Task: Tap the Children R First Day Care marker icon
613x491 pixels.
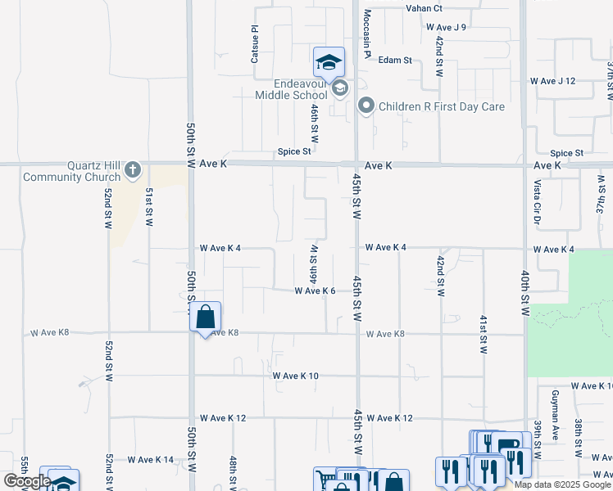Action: click(366, 106)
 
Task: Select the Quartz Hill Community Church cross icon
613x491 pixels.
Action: click(134, 171)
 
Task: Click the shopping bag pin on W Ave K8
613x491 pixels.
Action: click(205, 317)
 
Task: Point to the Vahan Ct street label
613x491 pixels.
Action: click(424, 8)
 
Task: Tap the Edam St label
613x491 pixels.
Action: click(395, 60)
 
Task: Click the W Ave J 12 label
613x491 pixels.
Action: click(553, 81)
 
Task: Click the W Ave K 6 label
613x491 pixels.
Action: click(316, 291)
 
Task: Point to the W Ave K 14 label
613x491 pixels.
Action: click(151, 460)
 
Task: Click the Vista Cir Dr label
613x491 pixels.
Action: click(538, 202)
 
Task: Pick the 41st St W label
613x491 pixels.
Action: click(484, 333)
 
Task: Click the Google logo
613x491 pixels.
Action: click(28, 481)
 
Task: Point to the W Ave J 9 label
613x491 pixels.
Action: click(446, 27)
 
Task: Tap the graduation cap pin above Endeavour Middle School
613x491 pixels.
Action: click(329, 61)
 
